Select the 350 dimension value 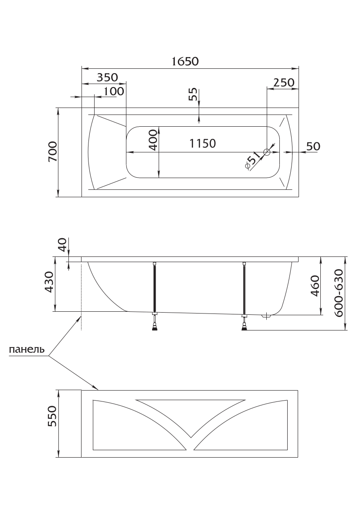(x=107, y=77)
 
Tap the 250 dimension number (x=284, y=82)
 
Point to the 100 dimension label (x=114, y=91)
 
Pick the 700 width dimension (x=52, y=152)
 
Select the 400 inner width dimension (x=153, y=140)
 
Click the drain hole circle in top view (x=267, y=152)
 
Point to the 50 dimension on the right (x=313, y=146)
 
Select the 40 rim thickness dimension (x=62, y=245)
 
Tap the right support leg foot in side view (x=245, y=327)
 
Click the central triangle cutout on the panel (x=190, y=413)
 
